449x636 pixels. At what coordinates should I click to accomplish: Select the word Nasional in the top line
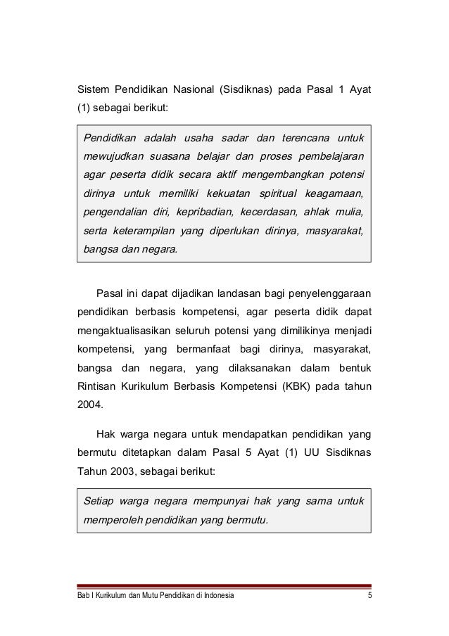tap(185, 91)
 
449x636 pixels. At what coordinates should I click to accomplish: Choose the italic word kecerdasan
tap(270, 212)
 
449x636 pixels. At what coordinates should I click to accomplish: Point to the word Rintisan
tap(98, 386)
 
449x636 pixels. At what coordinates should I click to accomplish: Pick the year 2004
tap(88, 405)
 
